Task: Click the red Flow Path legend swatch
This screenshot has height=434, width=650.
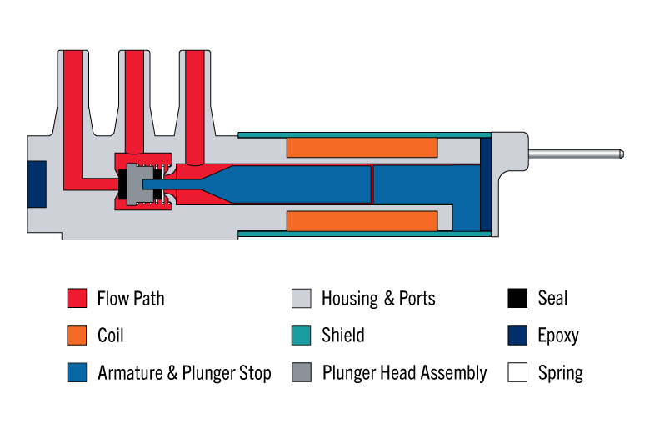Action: point(77,298)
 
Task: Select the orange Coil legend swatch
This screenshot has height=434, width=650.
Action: point(77,336)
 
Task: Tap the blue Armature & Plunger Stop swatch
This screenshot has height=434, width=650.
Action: point(77,372)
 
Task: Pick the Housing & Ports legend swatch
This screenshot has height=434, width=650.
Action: point(301,298)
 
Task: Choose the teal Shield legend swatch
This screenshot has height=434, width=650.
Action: point(301,336)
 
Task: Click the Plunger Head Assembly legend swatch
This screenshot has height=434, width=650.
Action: point(301,372)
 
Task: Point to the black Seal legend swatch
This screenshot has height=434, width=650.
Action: point(517,298)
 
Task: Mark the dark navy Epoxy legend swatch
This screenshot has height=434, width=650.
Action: point(517,336)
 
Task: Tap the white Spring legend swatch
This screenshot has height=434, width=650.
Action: point(517,372)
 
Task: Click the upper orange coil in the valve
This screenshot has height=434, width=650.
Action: point(362,147)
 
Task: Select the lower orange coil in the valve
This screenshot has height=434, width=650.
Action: point(362,221)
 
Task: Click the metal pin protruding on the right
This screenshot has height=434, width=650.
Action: point(576,154)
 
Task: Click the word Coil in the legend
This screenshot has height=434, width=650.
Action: point(111,336)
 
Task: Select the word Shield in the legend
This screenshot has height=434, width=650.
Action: point(343,336)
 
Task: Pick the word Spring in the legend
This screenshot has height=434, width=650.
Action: point(560,373)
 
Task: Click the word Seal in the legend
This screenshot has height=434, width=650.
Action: point(552,298)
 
